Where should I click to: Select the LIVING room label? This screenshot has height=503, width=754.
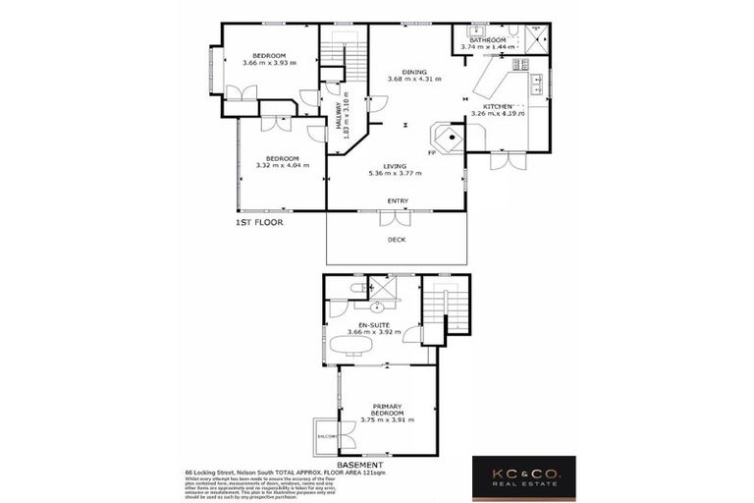tap(395, 166)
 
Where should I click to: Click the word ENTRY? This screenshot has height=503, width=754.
tap(398, 201)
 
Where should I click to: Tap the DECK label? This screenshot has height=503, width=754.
tap(397, 240)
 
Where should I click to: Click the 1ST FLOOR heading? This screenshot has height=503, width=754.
tap(259, 224)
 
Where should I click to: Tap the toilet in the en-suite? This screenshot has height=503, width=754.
tap(356, 287)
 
